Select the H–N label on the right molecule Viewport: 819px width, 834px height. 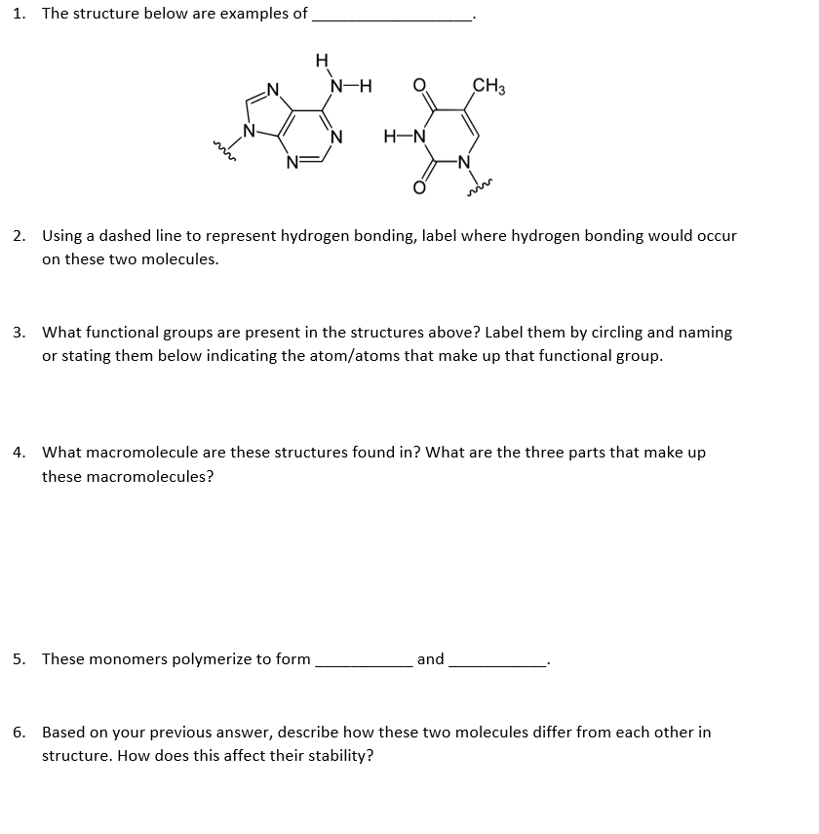click(403, 138)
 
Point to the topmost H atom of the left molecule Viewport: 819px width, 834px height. click(322, 60)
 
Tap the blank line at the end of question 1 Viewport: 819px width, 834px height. click(390, 20)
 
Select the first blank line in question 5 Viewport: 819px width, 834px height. click(363, 665)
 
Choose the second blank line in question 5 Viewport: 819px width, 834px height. click(497, 665)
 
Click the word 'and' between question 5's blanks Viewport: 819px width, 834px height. click(430, 659)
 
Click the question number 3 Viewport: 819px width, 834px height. click(19, 333)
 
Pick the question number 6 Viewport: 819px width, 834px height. click(19, 732)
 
